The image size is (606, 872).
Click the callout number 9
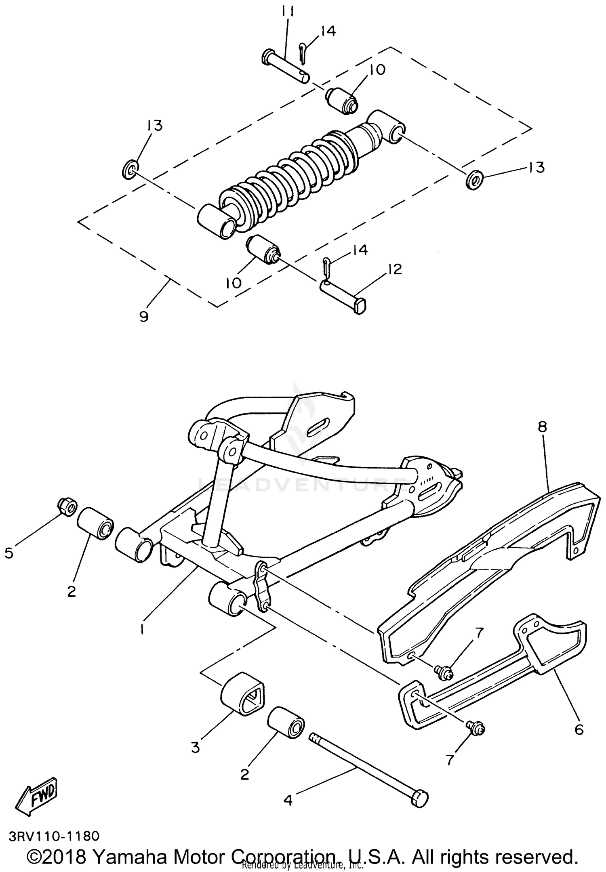point(144,316)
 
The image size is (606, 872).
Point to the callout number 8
point(542,427)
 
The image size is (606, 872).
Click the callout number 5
point(9,553)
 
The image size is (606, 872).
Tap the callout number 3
point(196,748)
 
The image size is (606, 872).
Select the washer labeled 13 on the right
point(474,179)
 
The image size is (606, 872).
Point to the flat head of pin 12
point(361,305)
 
